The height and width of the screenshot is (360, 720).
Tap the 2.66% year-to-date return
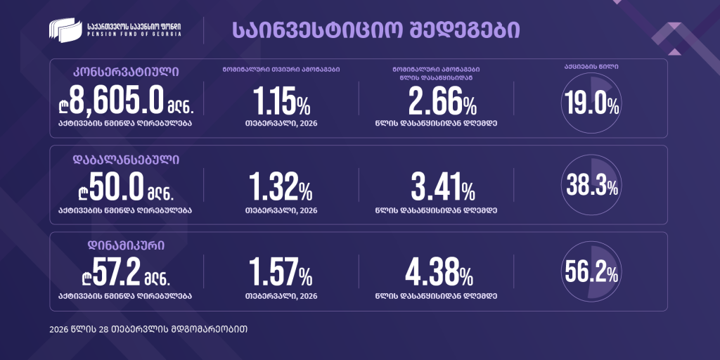[442, 103]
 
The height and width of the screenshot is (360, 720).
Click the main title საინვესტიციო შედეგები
[375, 30]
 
